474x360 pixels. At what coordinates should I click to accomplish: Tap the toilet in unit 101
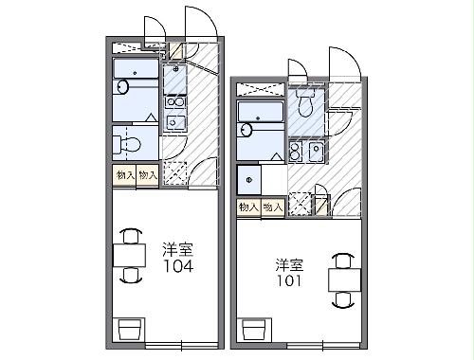(304, 99)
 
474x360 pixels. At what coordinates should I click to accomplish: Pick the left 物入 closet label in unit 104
(125, 175)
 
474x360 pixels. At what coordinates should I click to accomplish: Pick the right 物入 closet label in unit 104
(147, 175)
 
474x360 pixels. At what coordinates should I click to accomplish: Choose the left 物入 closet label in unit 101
(248, 206)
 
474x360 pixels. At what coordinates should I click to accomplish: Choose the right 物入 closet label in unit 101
(272, 206)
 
